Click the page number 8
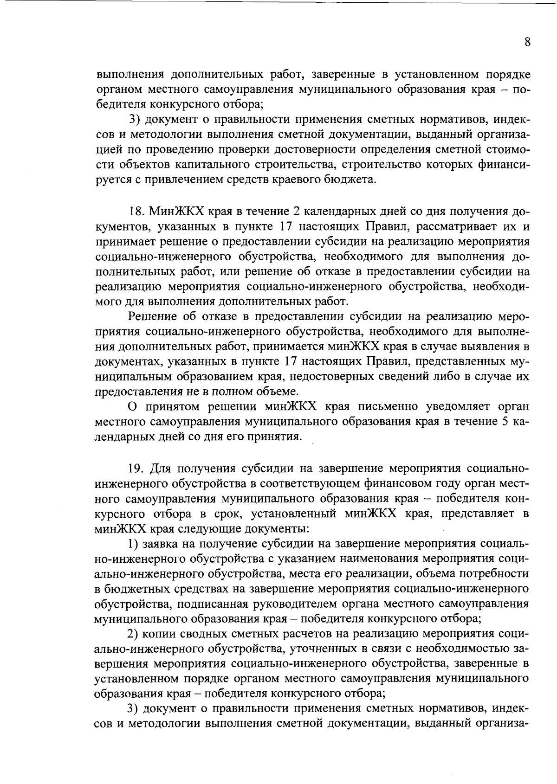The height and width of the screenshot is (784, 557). (527, 42)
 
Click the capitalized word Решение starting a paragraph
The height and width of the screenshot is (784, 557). (150, 317)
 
